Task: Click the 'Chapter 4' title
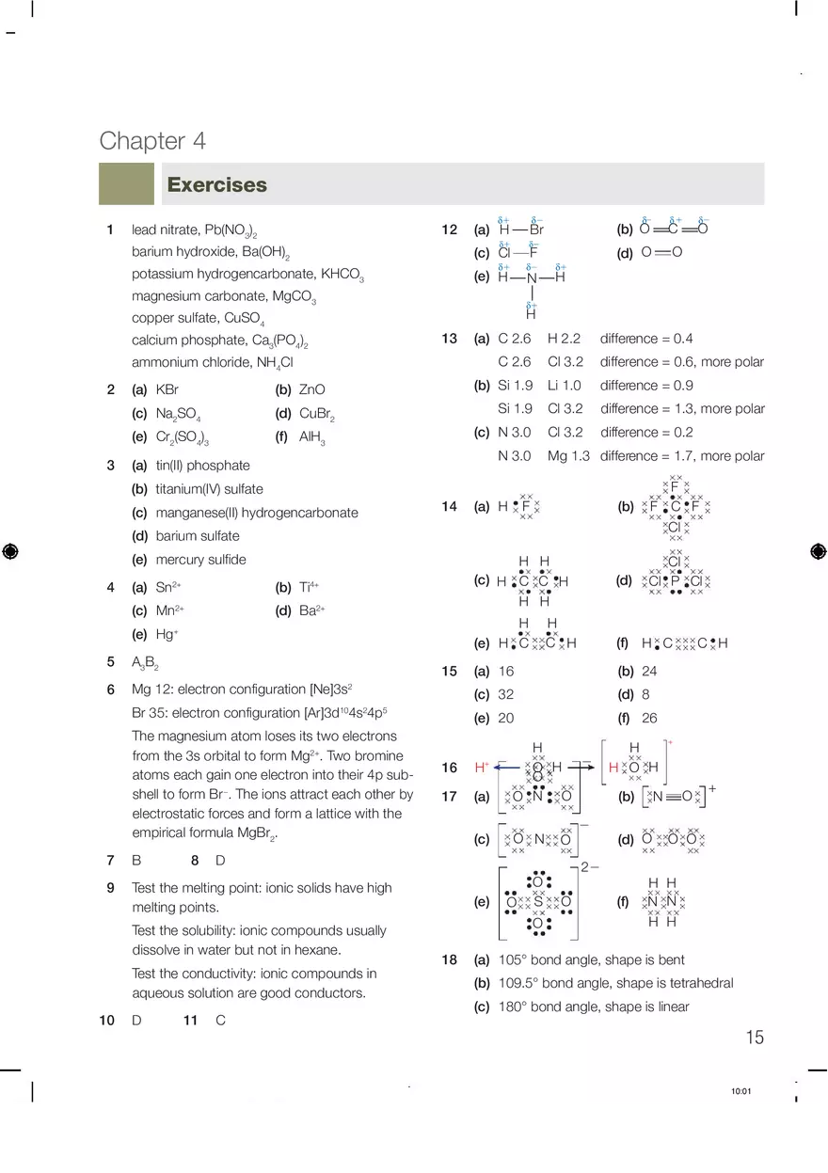pyautogui.click(x=152, y=141)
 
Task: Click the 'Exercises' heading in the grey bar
pyautogui.click(x=216, y=185)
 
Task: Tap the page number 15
pyautogui.click(x=755, y=1038)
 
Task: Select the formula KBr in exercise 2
pyautogui.click(x=167, y=389)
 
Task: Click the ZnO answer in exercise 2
pyautogui.click(x=311, y=389)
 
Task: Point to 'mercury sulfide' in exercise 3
pyautogui.click(x=200, y=560)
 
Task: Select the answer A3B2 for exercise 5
pyautogui.click(x=145, y=662)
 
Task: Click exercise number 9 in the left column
pyautogui.click(x=110, y=887)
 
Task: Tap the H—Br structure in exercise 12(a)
pyautogui.click(x=521, y=230)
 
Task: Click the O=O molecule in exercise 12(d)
pyautogui.click(x=661, y=252)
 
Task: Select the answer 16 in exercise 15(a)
pyautogui.click(x=506, y=672)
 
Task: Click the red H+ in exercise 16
pyautogui.click(x=482, y=767)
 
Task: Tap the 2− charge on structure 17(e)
pyautogui.click(x=590, y=866)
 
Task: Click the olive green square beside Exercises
pyautogui.click(x=126, y=184)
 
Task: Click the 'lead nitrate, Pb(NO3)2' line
pyautogui.click(x=194, y=230)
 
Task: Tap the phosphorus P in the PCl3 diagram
pyautogui.click(x=675, y=581)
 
